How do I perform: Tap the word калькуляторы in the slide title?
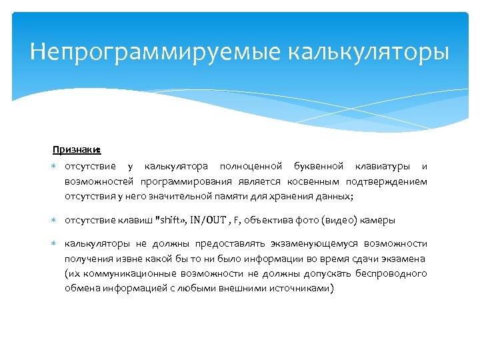tap(369, 52)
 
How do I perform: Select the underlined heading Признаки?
tap(76, 150)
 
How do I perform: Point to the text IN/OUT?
tap(209, 220)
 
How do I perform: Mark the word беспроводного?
tap(393, 273)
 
